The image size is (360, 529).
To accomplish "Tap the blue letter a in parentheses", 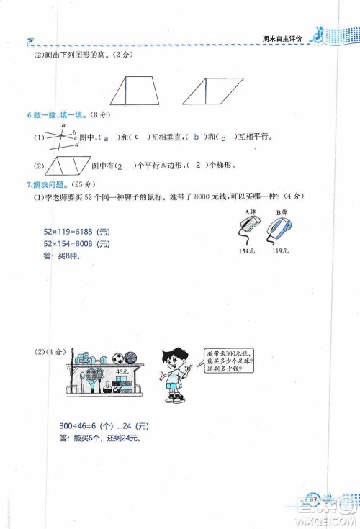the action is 107,137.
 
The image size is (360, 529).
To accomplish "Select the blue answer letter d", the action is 225,137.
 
